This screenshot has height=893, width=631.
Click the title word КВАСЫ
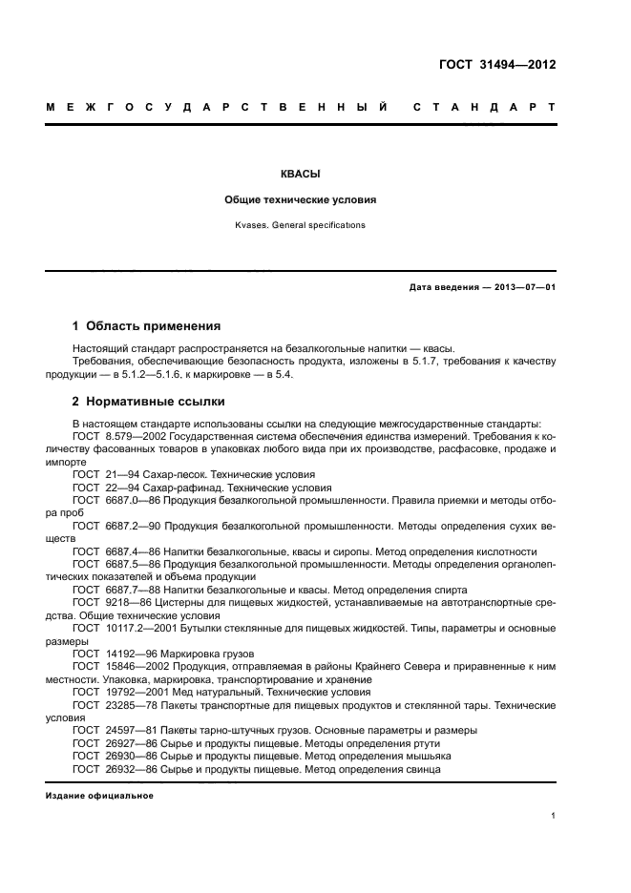pos(300,176)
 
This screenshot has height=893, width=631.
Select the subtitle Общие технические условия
pos(300,201)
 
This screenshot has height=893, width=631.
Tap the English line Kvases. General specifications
pos(300,226)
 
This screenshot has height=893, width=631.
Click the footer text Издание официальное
pos(99,795)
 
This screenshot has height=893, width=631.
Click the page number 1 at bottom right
pos(555,815)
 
